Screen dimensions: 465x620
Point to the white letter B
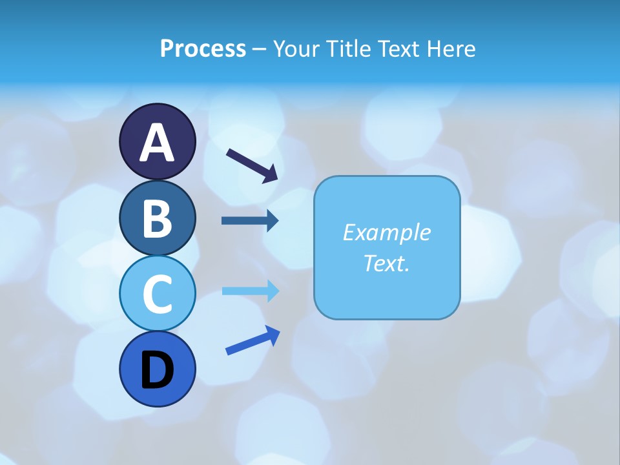[x=157, y=218]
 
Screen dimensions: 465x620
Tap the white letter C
[x=157, y=294]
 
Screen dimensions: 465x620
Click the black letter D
[x=157, y=370]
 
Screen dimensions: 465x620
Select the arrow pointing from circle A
[x=252, y=165]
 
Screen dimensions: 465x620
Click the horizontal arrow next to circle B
[x=250, y=221]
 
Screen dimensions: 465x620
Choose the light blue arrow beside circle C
[x=250, y=291]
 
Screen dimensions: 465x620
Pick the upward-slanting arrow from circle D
[x=253, y=340]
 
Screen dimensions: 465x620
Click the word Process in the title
[x=203, y=48]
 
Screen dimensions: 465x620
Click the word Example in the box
[x=386, y=232]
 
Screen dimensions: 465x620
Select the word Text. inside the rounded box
[x=386, y=263]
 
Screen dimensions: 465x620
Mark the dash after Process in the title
[x=259, y=49]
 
